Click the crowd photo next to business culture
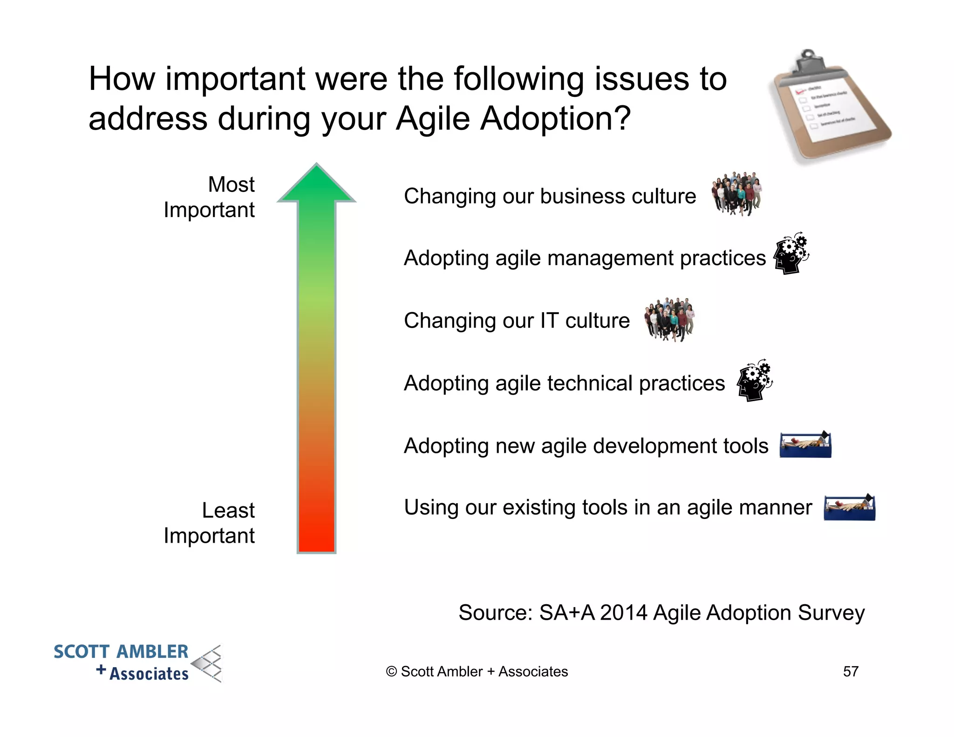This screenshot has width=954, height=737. [x=736, y=193]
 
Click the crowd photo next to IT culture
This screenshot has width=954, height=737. [x=669, y=319]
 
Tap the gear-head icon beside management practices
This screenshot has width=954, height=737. [x=791, y=254]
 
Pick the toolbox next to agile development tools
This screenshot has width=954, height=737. [x=805, y=445]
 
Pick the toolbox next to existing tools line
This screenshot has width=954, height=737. [x=849, y=508]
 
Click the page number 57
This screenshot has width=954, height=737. [x=851, y=671]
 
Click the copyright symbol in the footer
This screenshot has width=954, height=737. [x=391, y=671]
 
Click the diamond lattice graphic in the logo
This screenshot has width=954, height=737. [x=209, y=663]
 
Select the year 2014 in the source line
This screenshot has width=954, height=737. [x=623, y=613]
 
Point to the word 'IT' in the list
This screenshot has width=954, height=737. [x=549, y=321]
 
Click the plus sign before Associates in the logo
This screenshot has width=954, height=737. [x=101, y=670]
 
